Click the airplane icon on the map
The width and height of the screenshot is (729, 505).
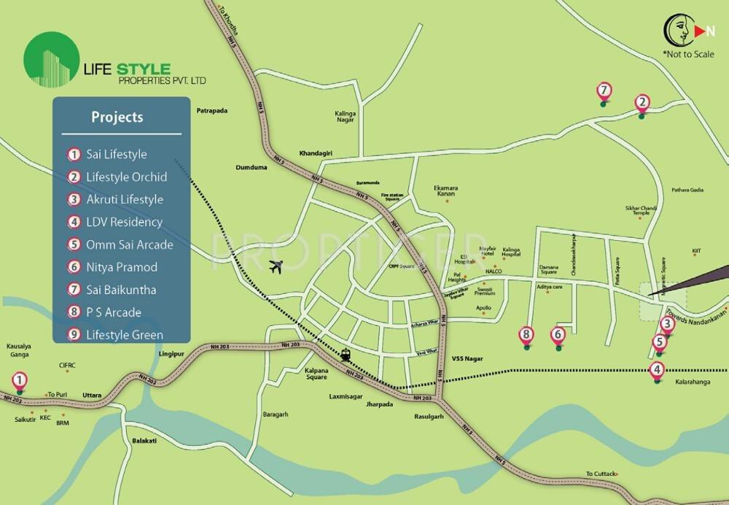(276, 267)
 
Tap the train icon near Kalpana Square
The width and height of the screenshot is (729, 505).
(345, 355)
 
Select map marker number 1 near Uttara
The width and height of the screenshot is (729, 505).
(20, 381)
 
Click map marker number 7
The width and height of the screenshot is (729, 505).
(603, 92)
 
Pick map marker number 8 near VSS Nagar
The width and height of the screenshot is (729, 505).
(526, 336)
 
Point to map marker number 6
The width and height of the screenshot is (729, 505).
(558, 336)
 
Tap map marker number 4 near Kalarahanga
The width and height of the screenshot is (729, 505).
(658, 369)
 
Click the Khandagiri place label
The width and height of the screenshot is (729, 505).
(316, 153)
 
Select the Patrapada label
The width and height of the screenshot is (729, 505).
(212, 111)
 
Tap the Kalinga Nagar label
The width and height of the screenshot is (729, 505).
(345, 118)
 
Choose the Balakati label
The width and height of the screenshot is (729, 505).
(145, 441)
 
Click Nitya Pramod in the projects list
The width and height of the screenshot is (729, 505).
(122, 267)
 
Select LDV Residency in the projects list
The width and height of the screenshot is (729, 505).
(124, 222)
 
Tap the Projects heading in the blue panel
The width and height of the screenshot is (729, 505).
(117, 117)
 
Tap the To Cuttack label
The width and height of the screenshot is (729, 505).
(601, 474)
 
